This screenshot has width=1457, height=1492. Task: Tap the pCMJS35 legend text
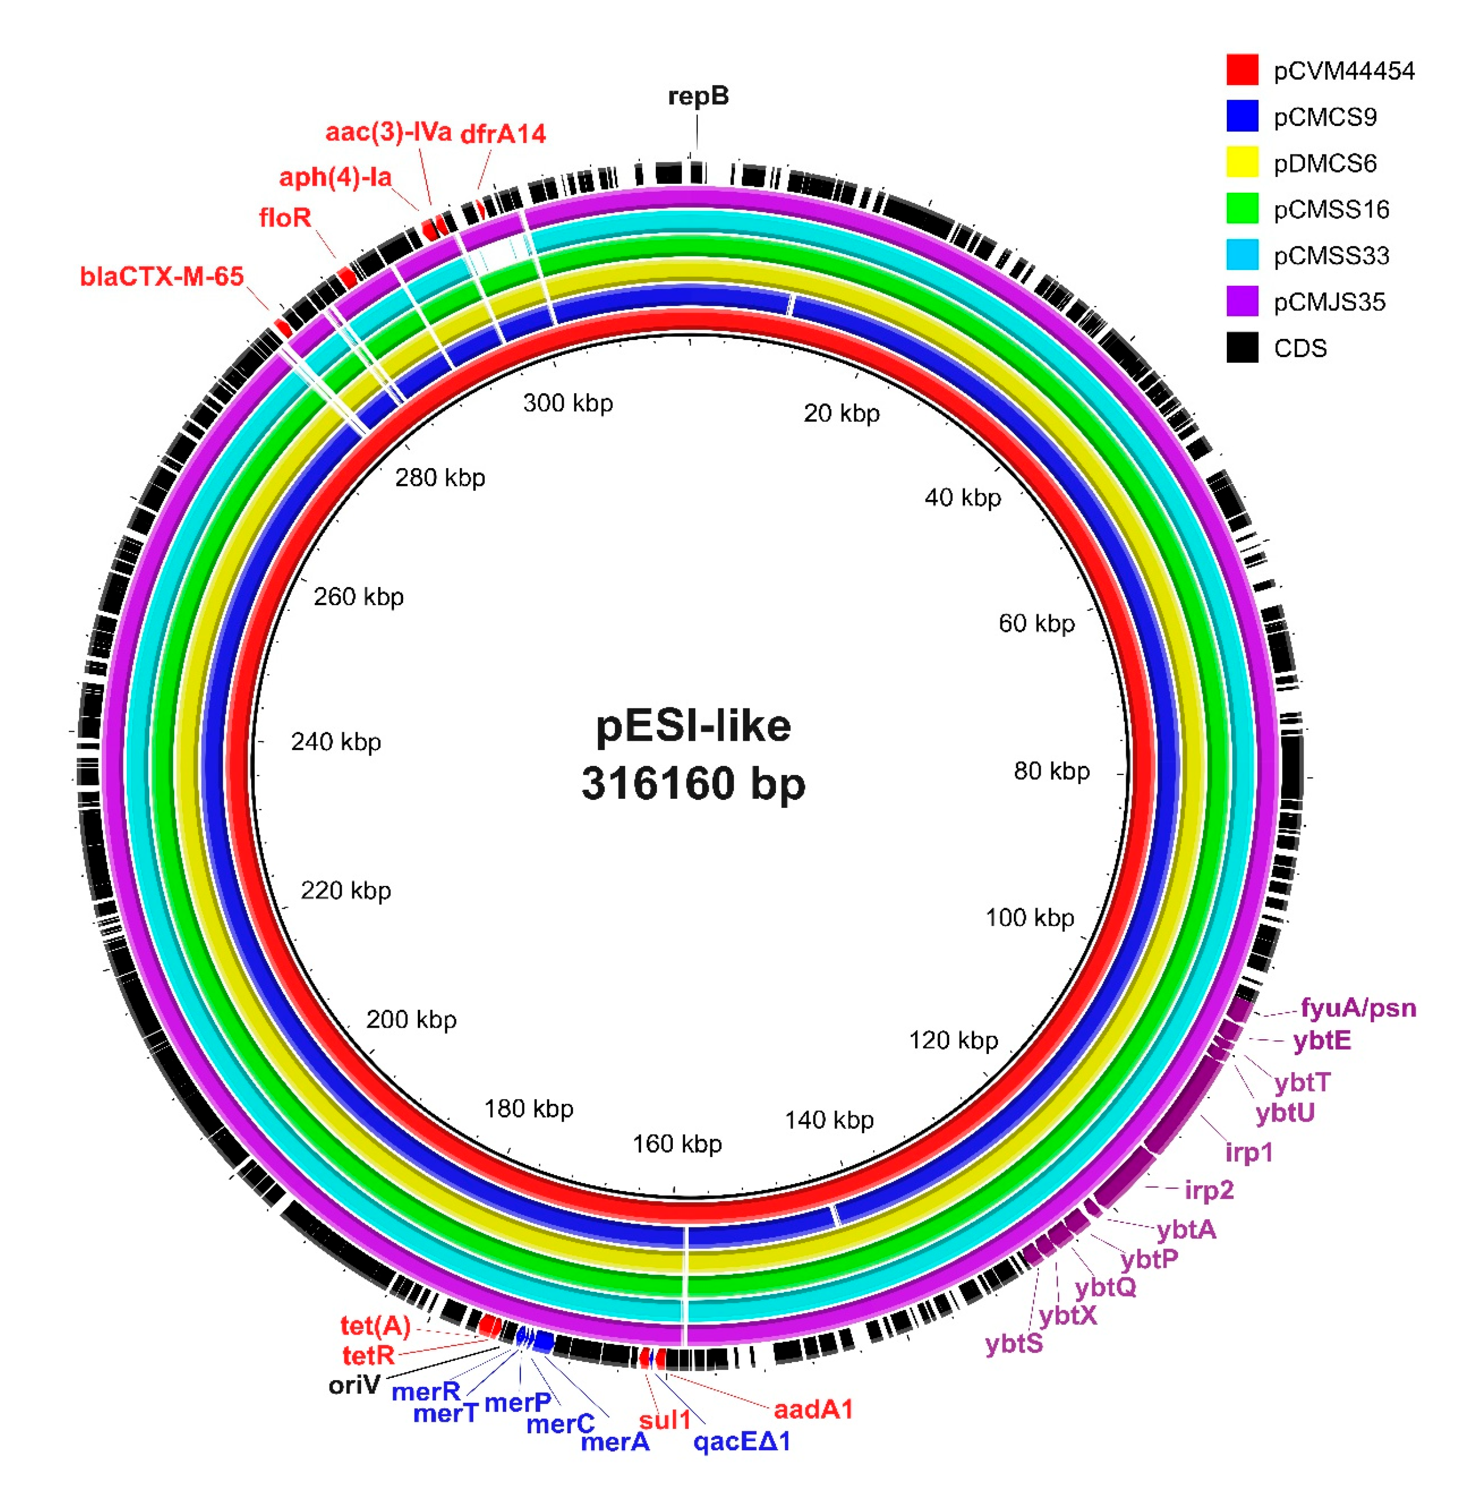click(x=1329, y=302)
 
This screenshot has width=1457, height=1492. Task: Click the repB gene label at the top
click(x=698, y=96)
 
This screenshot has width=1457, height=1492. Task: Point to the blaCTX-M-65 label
click(x=161, y=276)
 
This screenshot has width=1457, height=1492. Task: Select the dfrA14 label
click(x=503, y=134)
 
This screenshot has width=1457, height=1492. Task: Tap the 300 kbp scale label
click(x=568, y=403)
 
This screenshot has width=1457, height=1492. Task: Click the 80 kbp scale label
click(x=1051, y=771)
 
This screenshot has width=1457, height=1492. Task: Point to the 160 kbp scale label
click(x=677, y=1145)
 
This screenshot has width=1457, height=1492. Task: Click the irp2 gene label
click(x=1209, y=1191)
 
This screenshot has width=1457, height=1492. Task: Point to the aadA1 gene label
click(x=813, y=1409)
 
